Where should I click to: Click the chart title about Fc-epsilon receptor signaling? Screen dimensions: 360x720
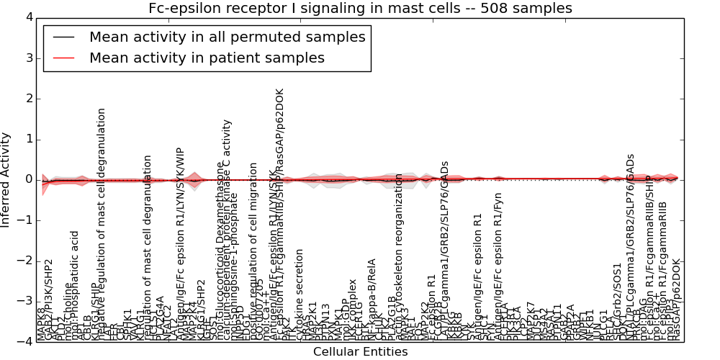click(x=360, y=8)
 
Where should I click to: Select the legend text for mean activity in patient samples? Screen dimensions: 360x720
click(x=207, y=58)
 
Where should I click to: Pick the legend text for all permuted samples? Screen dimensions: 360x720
click(x=227, y=37)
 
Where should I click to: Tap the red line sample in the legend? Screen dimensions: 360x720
click(x=64, y=58)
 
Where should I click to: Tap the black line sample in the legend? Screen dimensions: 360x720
click(x=64, y=37)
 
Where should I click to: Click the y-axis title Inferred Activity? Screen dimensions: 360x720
click(x=6, y=180)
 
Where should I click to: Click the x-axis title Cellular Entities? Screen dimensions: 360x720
click(x=360, y=352)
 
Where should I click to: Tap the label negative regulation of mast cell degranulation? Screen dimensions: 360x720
click(x=102, y=223)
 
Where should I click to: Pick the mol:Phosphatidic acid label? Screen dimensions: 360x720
click(x=76, y=285)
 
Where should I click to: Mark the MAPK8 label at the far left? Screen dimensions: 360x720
click(x=41, y=323)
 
